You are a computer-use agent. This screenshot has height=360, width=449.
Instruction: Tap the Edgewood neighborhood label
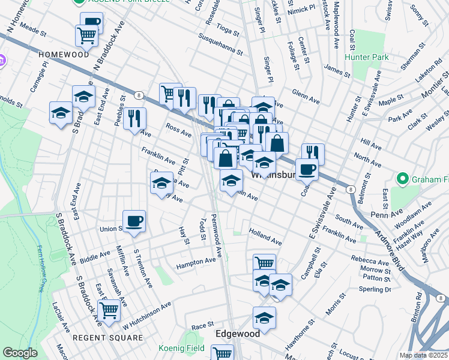tap(238, 333)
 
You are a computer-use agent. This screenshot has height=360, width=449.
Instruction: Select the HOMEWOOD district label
tap(64, 54)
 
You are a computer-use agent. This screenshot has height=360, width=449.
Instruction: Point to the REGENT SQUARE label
tap(107, 338)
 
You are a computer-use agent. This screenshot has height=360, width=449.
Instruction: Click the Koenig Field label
tap(181, 348)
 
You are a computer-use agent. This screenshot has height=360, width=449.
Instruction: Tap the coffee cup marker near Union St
tap(134, 220)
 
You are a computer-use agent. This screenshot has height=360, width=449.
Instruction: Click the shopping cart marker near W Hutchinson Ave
tap(109, 311)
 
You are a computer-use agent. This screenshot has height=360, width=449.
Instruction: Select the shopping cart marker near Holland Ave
tap(264, 263)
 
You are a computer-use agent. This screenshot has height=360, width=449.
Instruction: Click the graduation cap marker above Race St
tap(264, 317)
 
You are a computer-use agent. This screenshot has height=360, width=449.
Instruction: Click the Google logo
tap(20, 353)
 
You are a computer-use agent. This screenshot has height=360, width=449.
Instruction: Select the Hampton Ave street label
tap(196, 262)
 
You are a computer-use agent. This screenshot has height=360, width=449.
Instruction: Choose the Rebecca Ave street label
tap(371, 262)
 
